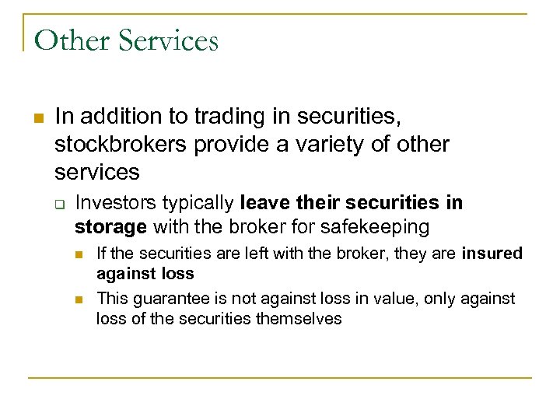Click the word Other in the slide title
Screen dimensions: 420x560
[69, 40]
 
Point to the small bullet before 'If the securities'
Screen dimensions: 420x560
[79, 254]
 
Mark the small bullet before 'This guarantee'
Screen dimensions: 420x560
[79, 299]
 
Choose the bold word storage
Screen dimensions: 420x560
[110, 227]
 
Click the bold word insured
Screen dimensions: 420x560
[492, 254]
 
